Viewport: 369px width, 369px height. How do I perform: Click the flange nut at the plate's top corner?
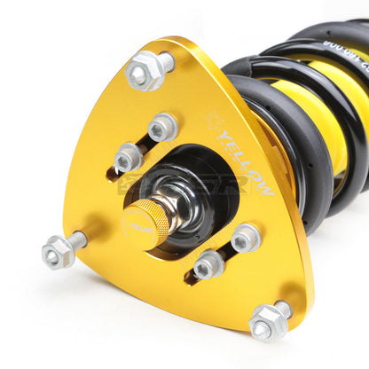coord(142,74)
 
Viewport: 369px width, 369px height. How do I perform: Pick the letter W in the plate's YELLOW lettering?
coord(264,187)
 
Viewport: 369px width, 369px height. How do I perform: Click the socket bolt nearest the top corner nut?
coord(162,127)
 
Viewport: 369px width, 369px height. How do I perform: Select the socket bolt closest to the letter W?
coord(244,238)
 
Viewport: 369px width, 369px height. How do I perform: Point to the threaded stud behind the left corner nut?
coord(78,239)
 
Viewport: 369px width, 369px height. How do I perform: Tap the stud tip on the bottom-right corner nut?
coord(282,308)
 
